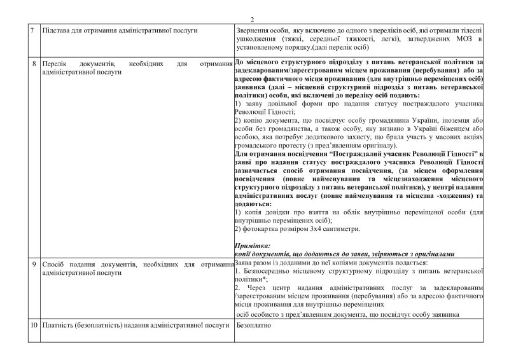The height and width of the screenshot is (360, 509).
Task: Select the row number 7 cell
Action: (x=34, y=31)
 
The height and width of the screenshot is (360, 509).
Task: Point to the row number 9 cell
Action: (x=34, y=263)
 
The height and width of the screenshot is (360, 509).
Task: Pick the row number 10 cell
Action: (x=33, y=326)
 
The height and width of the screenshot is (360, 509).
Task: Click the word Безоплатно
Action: (x=253, y=326)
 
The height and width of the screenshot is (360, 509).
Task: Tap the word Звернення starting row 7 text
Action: (x=254, y=31)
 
